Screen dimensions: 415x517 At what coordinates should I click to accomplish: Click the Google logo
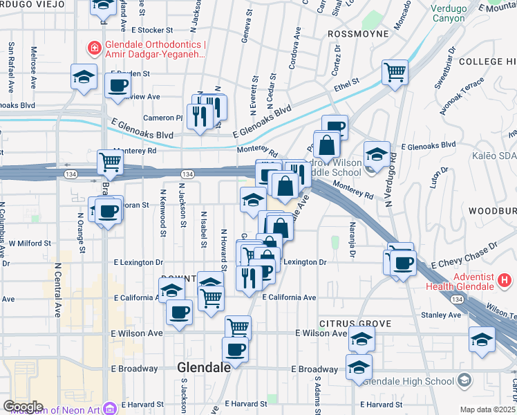23,407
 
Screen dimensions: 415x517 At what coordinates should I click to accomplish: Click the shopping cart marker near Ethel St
394,71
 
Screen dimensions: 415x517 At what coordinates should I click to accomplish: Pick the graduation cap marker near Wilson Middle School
377,154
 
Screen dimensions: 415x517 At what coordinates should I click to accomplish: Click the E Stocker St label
151,30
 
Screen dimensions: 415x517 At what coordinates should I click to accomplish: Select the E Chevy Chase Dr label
463,256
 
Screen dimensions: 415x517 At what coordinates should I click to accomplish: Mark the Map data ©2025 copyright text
488,409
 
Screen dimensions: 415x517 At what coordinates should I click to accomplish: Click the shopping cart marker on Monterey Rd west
110,162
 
